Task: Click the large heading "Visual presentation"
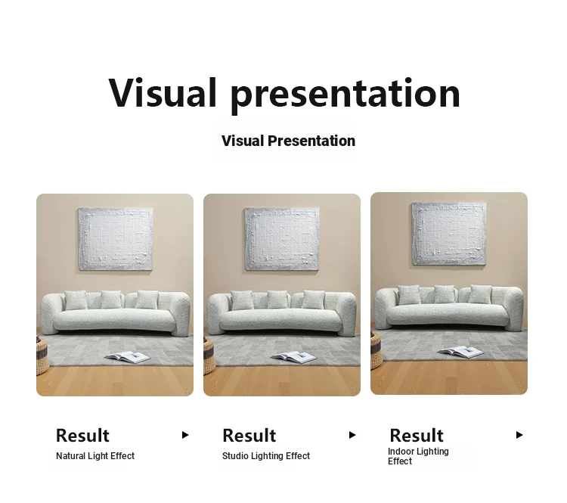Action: coord(283,93)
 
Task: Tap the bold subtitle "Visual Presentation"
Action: coord(288,141)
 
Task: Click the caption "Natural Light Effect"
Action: coord(95,456)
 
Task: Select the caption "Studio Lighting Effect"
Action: coord(266,456)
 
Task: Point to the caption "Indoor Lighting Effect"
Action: coord(418,456)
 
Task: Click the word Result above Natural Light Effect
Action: coord(82,436)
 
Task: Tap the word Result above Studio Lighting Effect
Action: coord(249,436)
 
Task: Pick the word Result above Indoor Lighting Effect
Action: coord(417,436)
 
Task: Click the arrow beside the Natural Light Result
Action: coord(185,435)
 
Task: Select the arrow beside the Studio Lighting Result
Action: coord(352,435)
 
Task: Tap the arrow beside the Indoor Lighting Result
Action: coord(519,435)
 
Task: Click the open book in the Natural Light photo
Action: coord(127,358)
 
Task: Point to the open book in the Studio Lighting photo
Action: coord(293,358)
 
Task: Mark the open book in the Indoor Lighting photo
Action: coord(460,352)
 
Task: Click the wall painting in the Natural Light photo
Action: coord(116,239)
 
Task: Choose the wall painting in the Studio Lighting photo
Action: coord(282,239)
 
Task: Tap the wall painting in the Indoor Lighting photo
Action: coord(449,234)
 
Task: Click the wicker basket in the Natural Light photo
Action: coord(42,356)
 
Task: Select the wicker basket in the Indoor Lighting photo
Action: coord(376,350)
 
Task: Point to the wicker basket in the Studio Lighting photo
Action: coord(209,356)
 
